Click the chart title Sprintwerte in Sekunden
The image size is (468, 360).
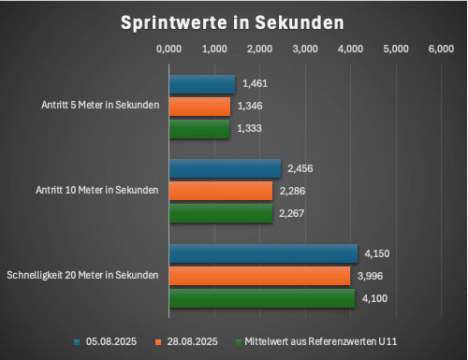[x=232, y=22]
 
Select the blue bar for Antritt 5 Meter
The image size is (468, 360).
[x=201, y=84]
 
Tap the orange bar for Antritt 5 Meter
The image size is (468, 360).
[x=199, y=107]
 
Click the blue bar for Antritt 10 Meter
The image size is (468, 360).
[x=225, y=168]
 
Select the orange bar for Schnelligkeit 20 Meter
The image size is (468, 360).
[x=259, y=275]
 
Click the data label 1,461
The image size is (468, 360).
[x=255, y=84]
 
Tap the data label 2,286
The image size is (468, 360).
[x=292, y=191]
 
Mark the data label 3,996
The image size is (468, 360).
[x=371, y=275]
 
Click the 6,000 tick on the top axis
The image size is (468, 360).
[x=441, y=48]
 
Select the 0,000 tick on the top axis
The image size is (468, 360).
[x=169, y=48]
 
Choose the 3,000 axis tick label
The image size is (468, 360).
[x=305, y=48]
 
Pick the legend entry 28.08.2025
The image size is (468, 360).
[x=193, y=340]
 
